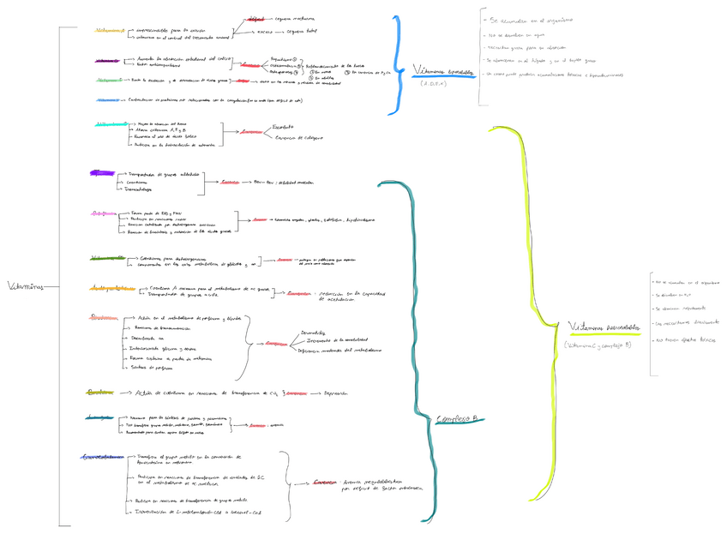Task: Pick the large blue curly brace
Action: click(x=396, y=64)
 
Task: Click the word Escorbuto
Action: click(x=282, y=126)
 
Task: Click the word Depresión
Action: click(x=336, y=393)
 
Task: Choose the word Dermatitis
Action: click(x=314, y=332)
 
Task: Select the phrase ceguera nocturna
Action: click(x=295, y=16)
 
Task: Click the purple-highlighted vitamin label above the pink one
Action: click(x=100, y=173)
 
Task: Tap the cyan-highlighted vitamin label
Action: click(x=111, y=124)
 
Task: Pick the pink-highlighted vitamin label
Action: click(x=104, y=213)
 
